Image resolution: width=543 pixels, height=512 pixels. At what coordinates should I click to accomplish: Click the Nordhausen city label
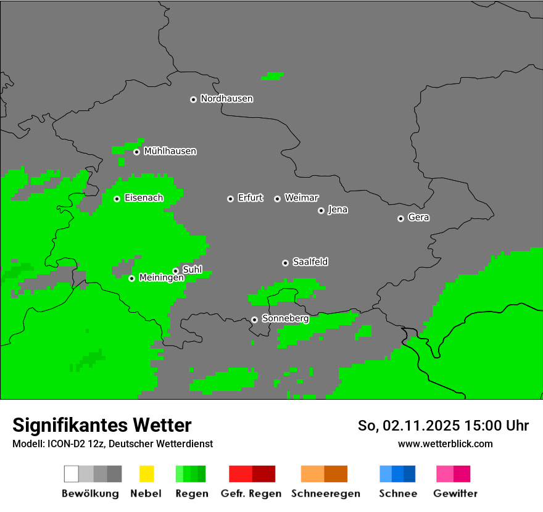pos(226,99)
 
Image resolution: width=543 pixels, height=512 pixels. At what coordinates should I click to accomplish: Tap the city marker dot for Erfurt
pos(230,199)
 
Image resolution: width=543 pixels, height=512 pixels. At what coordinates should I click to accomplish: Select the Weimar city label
pos(301,198)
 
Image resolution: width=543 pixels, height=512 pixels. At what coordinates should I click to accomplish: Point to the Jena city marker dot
pos(321,210)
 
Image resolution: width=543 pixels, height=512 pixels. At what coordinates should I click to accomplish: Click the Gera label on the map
pos(418,218)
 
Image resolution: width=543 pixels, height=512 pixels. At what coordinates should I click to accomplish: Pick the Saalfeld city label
pos(310,262)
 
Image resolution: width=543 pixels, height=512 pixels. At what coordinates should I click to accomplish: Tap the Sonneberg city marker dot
pos(254,320)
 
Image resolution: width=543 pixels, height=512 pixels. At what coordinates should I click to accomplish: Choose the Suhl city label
pos(192,270)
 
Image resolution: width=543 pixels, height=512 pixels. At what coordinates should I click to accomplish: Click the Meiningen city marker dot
pos(131,278)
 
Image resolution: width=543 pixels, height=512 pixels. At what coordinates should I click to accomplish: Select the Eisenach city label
pos(143,198)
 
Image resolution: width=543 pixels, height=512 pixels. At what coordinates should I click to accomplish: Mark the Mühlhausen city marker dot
pos(136,152)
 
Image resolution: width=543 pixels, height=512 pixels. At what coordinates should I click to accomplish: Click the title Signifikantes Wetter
pos(102,425)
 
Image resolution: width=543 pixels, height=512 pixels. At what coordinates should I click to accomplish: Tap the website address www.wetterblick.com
pos(445,444)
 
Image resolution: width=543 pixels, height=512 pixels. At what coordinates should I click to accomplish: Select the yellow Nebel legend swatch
pos(146,474)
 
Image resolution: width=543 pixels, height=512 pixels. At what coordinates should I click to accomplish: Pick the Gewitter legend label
pos(455,493)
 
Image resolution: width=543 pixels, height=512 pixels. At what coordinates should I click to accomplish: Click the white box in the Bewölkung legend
pos(72,474)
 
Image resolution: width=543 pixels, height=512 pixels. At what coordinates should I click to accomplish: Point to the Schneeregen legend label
pos(325,493)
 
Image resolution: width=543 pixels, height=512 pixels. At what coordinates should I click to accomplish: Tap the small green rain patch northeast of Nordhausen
pos(272,76)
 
